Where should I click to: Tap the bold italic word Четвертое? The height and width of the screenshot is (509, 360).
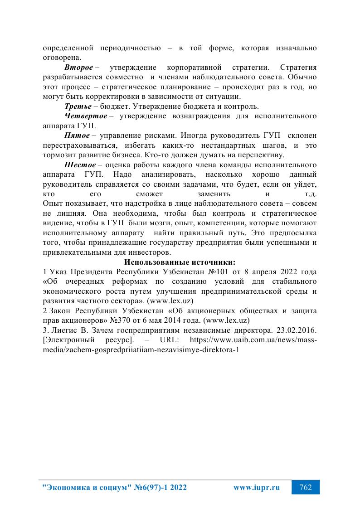86,116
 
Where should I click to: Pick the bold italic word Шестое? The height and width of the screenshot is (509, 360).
80,165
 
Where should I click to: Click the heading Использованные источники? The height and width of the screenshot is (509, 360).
180,262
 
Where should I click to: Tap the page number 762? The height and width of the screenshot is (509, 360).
305,487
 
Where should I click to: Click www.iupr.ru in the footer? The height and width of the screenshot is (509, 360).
256,488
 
